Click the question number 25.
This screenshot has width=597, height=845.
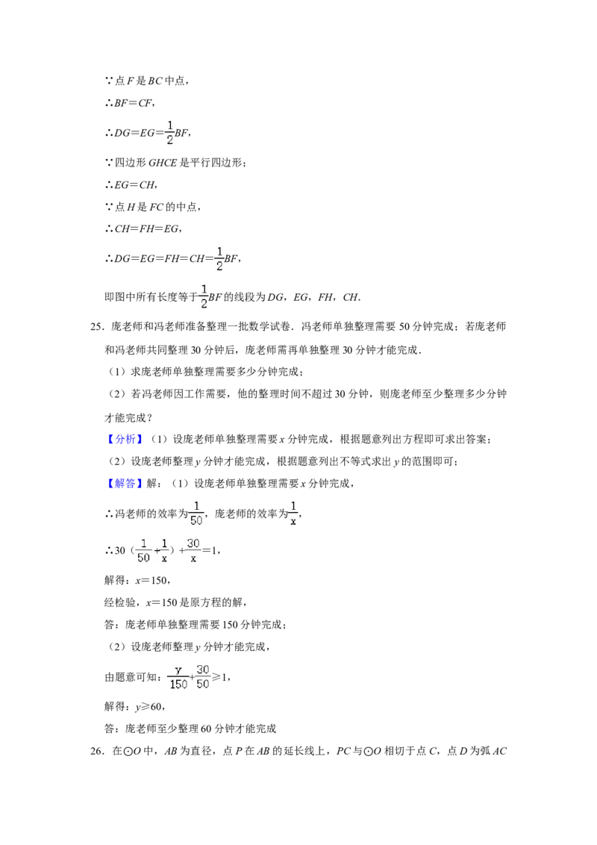click(96, 326)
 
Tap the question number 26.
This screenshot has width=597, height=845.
click(96, 751)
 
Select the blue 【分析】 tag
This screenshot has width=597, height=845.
click(125, 439)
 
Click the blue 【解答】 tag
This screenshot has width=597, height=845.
click(125, 484)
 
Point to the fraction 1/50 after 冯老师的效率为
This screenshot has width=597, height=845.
click(196, 513)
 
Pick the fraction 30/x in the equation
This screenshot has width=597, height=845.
click(193, 550)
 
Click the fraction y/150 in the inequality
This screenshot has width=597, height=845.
click(178, 677)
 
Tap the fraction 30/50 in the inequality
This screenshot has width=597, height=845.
click(202, 677)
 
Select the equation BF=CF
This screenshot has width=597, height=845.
click(134, 103)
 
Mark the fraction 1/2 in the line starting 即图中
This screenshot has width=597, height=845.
click(204, 296)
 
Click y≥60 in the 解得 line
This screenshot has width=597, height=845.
click(149, 706)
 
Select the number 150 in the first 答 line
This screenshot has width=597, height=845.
click(230, 625)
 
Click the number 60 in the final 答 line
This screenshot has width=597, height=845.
click(206, 729)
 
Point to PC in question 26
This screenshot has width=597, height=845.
click(343, 751)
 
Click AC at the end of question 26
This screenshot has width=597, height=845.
click(499, 751)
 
